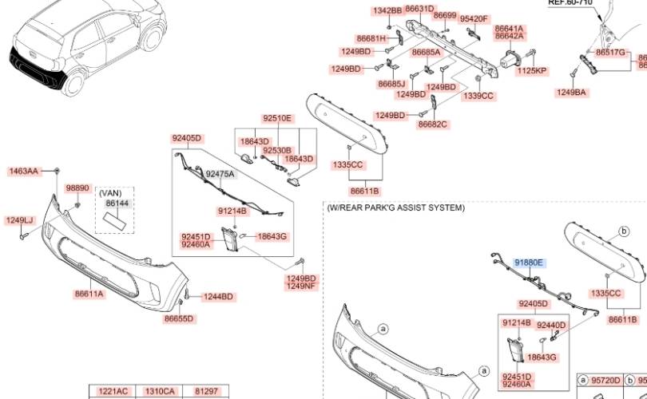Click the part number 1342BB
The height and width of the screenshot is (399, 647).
click(x=387, y=10)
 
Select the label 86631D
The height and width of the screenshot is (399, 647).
click(x=419, y=9)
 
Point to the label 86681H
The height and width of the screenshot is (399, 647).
click(x=371, y=38)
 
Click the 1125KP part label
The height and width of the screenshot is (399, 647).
click(x=531, y=71)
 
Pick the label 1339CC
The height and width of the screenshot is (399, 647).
click(x=478, y=96)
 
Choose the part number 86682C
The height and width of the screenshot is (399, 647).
click(x=433, y=124)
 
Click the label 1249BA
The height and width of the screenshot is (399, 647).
click(x=571, y=93)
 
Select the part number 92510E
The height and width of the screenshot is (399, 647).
click(x=278, y=119)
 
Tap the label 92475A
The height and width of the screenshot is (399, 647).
click(x=220, y=174)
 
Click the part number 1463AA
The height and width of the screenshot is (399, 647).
click(x=24, y=171)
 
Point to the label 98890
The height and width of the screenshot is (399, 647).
click(x=77, y=188)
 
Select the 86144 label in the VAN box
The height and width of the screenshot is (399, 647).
click(x=117, y=204)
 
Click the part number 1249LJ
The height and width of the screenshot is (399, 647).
click(x=20, y=220)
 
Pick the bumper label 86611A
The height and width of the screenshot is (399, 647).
click(x=89, y=294)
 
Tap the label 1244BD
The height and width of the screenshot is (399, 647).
click(x=217, y=297)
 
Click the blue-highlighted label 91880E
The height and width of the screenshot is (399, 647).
click(x=529, y=263)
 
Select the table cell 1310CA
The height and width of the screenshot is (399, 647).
click(x=159, y=391)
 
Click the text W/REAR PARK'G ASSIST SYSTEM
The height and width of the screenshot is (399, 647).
click(x=395, y=207)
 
